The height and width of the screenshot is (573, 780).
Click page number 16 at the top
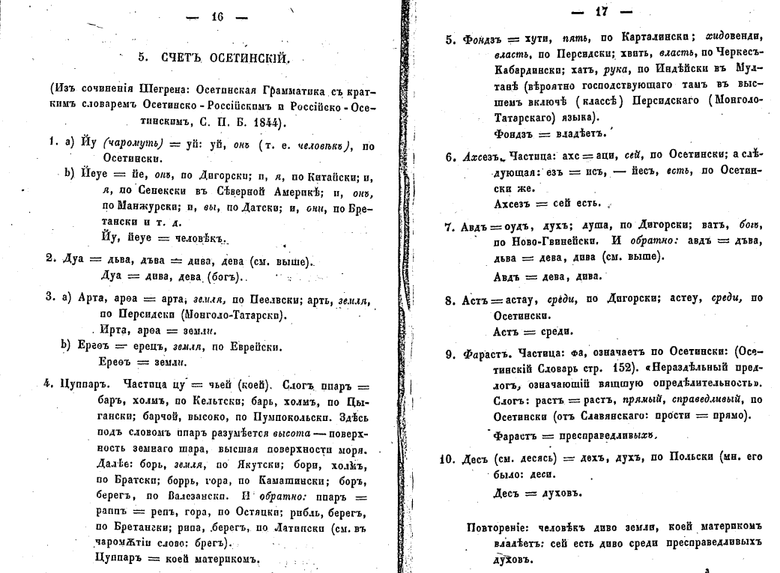pos(217,19)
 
